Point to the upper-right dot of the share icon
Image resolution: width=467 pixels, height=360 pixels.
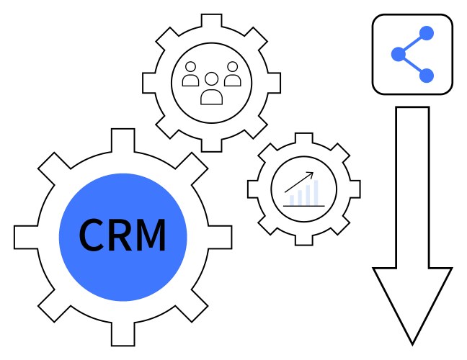[x=426, y=33]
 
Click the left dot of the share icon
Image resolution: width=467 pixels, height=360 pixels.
[x=397, y=53]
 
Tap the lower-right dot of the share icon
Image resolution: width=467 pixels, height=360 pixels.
[x=426, y=74]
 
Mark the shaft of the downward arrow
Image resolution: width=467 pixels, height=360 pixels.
[x=412, y=187]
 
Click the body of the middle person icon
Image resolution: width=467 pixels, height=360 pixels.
[x=211, y=96]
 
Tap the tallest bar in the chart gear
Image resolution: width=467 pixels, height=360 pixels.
[x=315, y=192]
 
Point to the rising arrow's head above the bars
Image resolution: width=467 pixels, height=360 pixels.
[x=311, y=174]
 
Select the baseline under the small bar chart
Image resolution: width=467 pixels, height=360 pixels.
[x=303, y=206]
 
